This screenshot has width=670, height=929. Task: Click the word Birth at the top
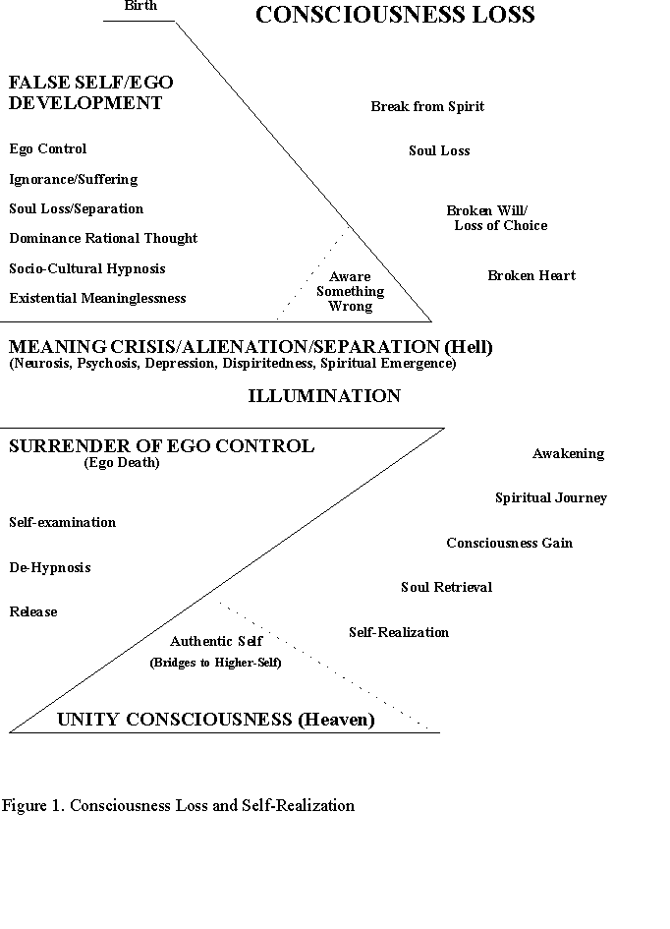[140, 5]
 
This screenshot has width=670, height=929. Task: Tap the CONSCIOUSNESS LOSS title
[395, 14]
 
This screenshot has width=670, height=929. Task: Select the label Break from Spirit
[427, 106]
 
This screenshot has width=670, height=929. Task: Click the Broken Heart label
[531, 275]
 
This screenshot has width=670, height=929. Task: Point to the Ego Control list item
[48, 148]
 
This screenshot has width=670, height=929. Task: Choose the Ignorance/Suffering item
[74, 180]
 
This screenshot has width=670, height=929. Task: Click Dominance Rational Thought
[103, 238]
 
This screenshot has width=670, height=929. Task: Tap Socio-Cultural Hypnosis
[87, 268]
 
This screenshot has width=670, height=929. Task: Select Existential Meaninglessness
[97, 298]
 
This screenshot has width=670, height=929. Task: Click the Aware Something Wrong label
[351, 292]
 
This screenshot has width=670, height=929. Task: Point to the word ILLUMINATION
[324, 396]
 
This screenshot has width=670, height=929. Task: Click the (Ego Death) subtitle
[122, 463]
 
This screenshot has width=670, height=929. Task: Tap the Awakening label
[568, 454]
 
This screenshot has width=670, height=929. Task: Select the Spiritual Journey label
[551, 498]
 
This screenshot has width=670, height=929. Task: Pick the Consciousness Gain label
[510, 543]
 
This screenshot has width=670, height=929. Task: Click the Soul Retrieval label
[446, 587]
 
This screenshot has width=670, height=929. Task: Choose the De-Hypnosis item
[50, 567]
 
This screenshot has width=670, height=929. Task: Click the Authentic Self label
[216, 641]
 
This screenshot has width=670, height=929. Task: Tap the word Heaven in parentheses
[336, 720]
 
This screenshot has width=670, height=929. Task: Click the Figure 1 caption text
[178, 806]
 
